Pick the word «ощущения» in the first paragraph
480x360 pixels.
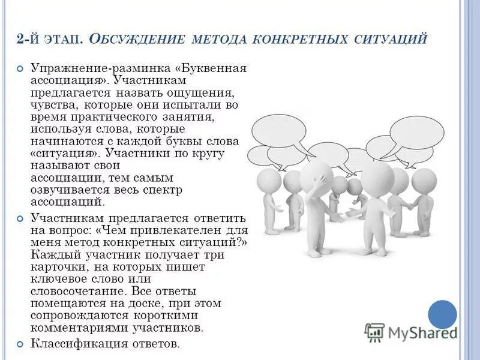click(203, 94)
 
